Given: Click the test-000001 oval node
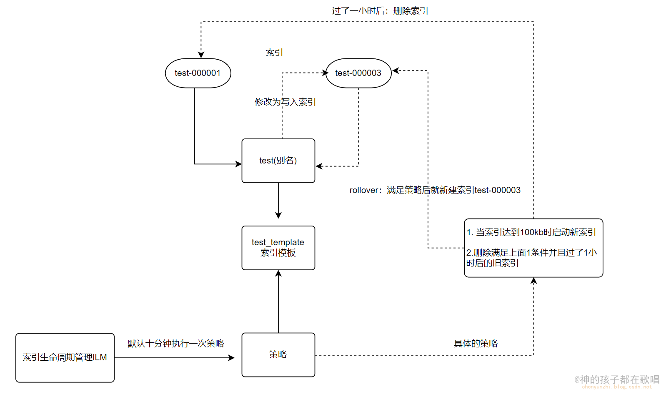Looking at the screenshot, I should tap(198, 73).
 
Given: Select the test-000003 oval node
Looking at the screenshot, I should tap(358, 73).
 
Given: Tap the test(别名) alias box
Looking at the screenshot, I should tap(278, 161).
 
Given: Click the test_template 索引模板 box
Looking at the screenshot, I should tap(278, 248).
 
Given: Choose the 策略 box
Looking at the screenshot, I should tap(278, 354).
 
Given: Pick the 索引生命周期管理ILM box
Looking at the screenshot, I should tap(65, 357).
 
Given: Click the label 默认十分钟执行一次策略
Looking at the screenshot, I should tap(175, 343).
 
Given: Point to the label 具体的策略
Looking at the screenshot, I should tap(476, 343).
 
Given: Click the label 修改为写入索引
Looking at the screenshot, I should tap(285, 102).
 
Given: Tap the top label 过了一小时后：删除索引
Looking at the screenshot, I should tap(380, 11).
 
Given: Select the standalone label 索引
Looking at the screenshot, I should tap(274, 53).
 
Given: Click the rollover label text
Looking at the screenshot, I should tap(435, 190).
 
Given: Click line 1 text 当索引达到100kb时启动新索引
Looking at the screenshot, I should tap(531, 232).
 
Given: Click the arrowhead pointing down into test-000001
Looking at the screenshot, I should tap(201, 55).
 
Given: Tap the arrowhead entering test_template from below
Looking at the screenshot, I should tap(278, 274).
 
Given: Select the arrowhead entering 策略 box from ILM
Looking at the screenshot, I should tap(231, 357).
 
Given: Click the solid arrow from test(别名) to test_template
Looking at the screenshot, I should tap(278, 200).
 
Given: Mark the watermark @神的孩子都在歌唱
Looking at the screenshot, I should tap(617, 379).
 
